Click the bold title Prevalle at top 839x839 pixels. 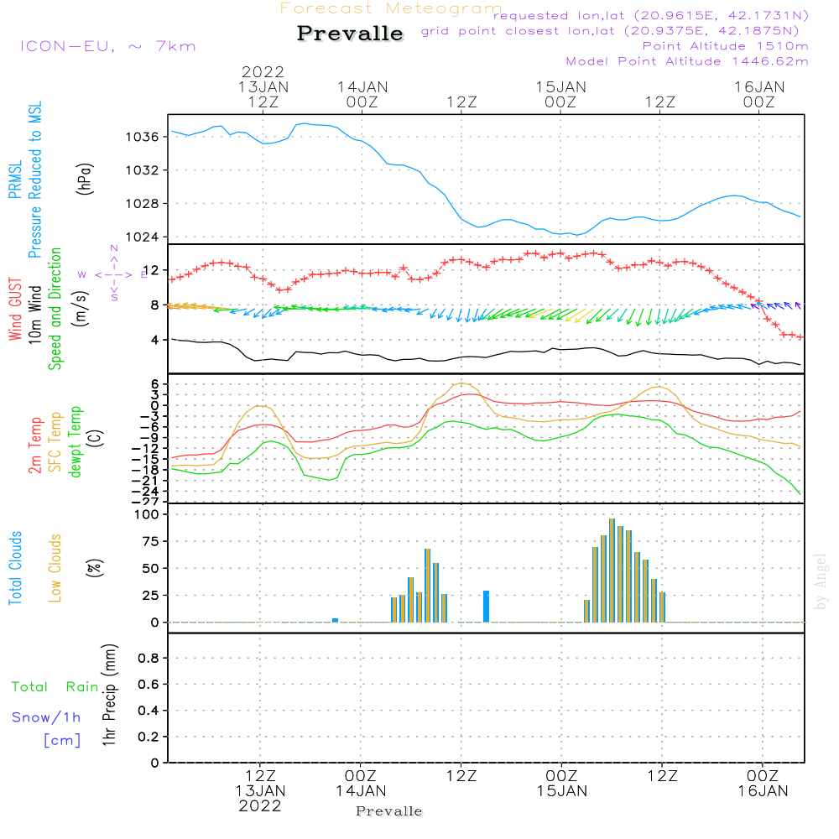point(350,34)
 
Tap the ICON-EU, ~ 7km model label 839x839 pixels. point(107,46)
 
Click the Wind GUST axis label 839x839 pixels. point(15,310)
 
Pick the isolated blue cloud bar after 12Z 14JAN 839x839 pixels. point(486,606)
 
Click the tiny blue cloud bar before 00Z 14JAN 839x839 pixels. point(335,620)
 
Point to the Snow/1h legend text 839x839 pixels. point(47,717)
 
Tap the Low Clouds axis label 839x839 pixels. point(55,567)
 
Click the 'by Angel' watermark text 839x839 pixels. point(821,581)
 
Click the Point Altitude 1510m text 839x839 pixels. point(725,45)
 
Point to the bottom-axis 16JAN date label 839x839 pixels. point(762,790)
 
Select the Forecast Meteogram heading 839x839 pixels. point(391,8)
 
